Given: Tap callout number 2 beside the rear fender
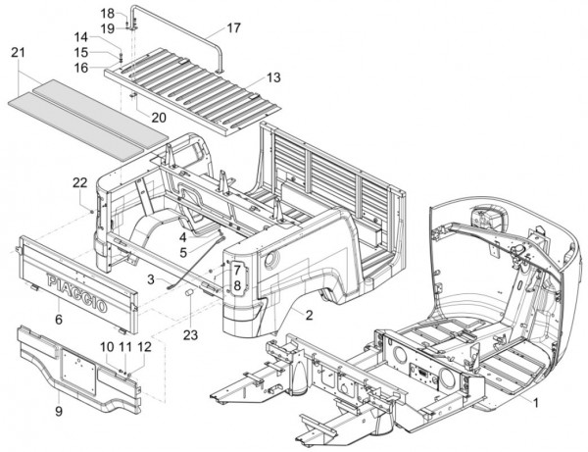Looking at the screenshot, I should (309, 316).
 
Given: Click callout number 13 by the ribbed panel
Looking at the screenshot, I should (273, 76).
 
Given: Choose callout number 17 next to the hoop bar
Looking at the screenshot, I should (233, 28).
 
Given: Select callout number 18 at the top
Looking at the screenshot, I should (109, 13).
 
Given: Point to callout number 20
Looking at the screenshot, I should (158, 117).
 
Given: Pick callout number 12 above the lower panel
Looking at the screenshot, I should (144, 347).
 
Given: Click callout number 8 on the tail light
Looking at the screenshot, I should (236, 284).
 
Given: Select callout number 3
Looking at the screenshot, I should (151, 280).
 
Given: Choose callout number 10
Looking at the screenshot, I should (107, 347).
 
